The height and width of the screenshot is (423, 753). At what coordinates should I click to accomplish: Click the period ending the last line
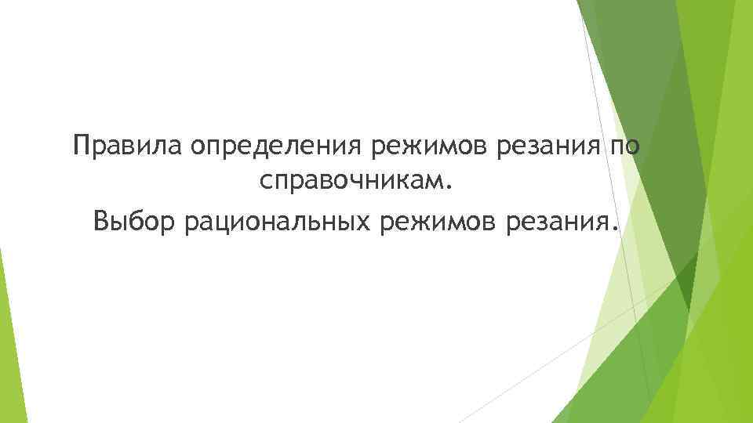coord(613,227)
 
